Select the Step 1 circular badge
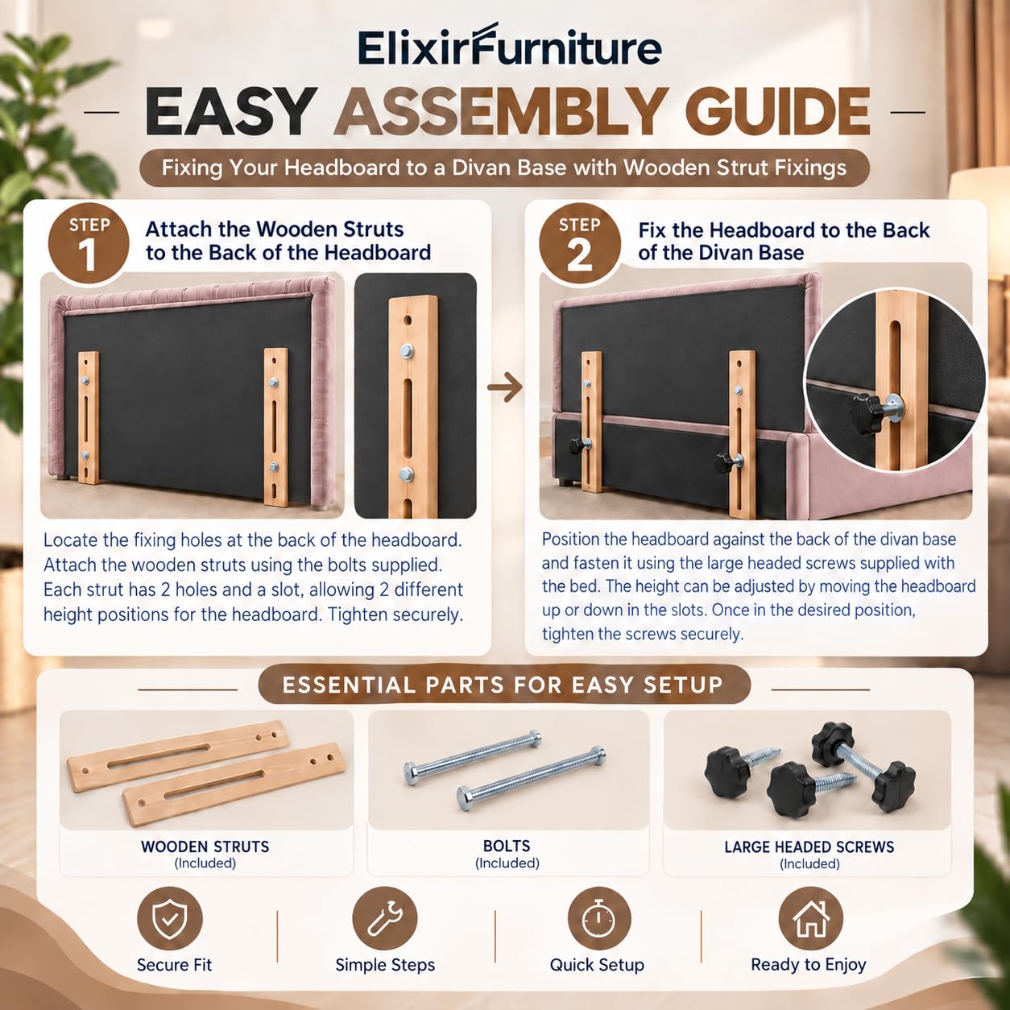click(89, 244)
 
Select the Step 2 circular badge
click(580, 244)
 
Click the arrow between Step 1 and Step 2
click(505, 387)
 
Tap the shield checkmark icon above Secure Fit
click(169, 919)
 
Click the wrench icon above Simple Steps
click(385, 919)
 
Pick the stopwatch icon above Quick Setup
click(599, 919)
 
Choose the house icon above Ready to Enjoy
click(810, 919)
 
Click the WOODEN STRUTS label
click(205, 846)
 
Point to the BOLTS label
click(507, 846)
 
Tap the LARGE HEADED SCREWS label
click(809, 847)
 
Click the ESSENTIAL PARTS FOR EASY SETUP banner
click(503, 685)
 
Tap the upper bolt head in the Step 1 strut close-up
click(406, 350)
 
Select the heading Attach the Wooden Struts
click(275, 229)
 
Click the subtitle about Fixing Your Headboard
click(504, 168)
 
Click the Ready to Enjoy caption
click(809, 964)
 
